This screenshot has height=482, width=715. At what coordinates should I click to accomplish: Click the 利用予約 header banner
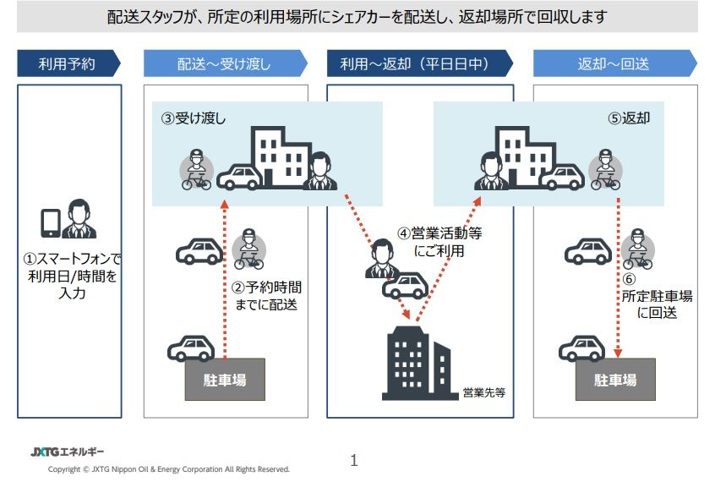tap(68, 63)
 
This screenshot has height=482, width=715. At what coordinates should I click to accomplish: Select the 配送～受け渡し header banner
tap(226, 63)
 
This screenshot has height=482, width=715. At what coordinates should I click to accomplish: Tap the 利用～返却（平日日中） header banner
tap(420, 63)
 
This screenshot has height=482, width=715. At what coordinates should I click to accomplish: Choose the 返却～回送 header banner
tap(615, 63)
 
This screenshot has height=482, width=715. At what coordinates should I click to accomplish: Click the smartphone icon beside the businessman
tap(51, 223)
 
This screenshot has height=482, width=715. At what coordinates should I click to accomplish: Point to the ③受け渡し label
tap(194, 118)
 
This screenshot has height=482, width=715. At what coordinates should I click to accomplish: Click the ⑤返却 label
tap(629, 118)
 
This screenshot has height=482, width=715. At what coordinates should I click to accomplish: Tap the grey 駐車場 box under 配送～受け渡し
tap(225, 380)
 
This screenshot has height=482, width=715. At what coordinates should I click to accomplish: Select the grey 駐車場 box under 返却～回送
tap(615, 380)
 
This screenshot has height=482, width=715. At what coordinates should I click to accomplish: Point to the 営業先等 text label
tap(483, 392)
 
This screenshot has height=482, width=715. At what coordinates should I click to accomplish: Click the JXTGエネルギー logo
tap(67, 452)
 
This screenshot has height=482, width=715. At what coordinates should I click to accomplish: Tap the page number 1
tap(354, 460)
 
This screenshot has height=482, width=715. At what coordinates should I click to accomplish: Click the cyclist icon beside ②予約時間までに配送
tap(248, 249)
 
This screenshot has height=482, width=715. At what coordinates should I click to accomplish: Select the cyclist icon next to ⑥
tap(637, 249)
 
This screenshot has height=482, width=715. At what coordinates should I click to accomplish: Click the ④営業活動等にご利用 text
tap(439, 242)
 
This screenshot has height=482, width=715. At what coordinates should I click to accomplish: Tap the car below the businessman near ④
tap(405, 286)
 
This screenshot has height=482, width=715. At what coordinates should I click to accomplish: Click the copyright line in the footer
tap(169, 469)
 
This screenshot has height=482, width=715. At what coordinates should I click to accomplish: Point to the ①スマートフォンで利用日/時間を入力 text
tap(72, 276)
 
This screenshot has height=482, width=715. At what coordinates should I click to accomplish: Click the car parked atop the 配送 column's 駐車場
tap(191, 348)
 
